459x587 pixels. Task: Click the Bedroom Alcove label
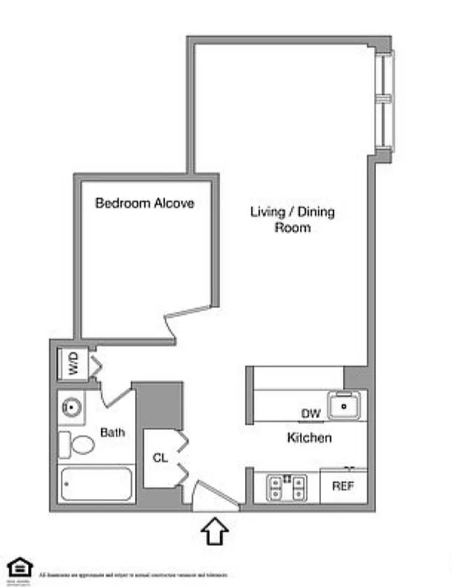pyautogui.click(x=145, y=203)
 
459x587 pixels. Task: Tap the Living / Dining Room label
pyautogui.click(x=292, y=219)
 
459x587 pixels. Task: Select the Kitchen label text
pyautogui.click(x=309, y=438)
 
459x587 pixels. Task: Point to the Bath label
pyautogui.click(x=112, y=432)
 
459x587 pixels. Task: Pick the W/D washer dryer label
pyautogui.click(x=73, y=365)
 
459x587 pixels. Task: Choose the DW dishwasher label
pyautogui.click(x=311, y=414)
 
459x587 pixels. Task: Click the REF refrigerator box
pyautogui.click(x=343, y=486)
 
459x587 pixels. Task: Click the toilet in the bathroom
pyautogui.click(x=78, y=444)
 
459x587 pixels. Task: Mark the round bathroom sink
pyautogui.click(x=72, y=406)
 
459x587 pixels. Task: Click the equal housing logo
pyautogui.click(x=20, y=567)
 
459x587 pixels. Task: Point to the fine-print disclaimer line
pyautogui.click(x=133, y=575)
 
